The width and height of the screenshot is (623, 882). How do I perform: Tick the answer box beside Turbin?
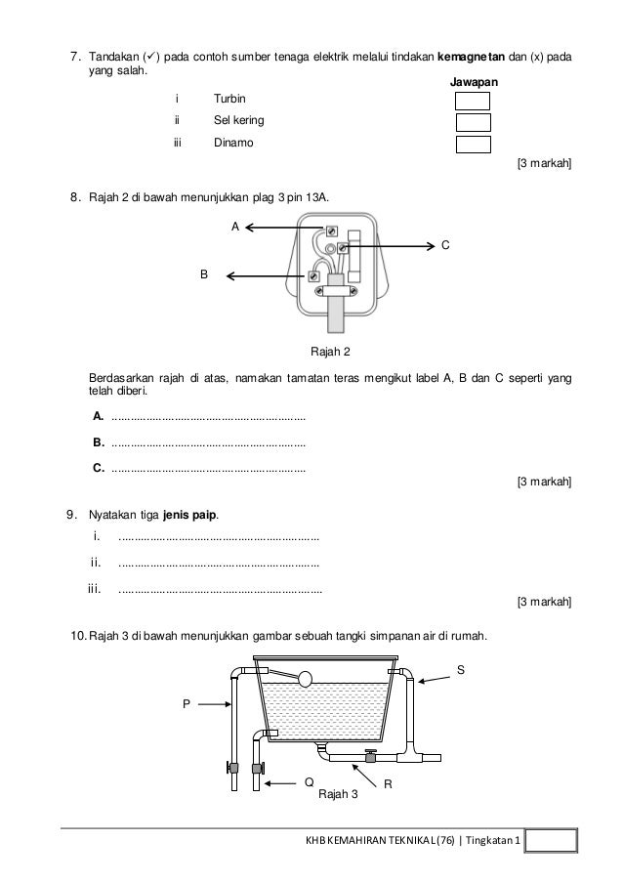tap(472, 101)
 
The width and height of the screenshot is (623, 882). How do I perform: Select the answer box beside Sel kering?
tap(472, 122)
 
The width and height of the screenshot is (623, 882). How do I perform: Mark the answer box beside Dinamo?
tap(472, 145)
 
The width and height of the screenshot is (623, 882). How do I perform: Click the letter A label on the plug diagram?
tap(234, 226)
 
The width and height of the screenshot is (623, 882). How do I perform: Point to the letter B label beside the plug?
tap(204, 275)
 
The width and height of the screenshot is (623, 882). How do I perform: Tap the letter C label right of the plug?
tap(445, 246)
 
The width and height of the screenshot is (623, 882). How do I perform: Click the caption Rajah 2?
tap(329, 351)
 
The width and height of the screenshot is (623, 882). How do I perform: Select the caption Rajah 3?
tap(339, 793)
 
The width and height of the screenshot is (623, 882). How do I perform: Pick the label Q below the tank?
tap(308, 782)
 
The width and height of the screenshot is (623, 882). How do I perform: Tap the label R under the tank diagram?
tap(388, 784)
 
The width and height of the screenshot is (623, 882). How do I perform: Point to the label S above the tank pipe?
tap(462, 669)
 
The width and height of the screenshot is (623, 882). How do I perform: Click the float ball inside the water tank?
tap(304, 678)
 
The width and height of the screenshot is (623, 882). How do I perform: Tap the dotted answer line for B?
tap(208, 442)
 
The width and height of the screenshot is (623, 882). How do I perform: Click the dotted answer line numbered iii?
tap(221, 589)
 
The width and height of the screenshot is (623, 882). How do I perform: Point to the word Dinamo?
tap(230, 144)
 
